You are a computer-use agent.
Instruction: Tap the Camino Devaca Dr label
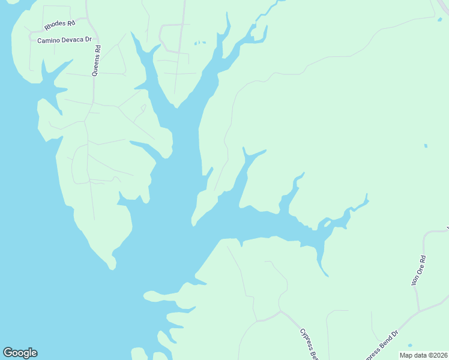(x=64, y=40)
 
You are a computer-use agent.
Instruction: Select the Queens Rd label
(x=96, y=61)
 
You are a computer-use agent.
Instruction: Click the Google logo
(x=20, y=353)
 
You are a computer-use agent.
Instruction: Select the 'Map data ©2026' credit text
(x=423, y=355)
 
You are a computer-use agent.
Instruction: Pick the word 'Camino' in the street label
(x=49, y=40)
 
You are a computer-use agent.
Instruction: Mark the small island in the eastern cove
(x=327, y=223)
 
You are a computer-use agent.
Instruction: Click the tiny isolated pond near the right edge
(x=426, y=146)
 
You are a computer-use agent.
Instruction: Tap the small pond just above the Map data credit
(x=410, y=346)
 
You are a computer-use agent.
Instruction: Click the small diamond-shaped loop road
(x=143, y=110)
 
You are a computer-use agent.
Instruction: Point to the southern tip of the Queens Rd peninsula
(x=112, y=267)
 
